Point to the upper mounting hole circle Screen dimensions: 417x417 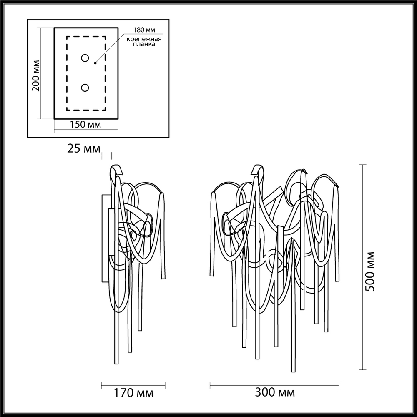85,58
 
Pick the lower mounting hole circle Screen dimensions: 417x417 85,88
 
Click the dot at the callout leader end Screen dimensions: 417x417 95,63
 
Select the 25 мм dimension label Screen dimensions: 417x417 83,148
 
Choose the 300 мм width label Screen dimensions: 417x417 274,392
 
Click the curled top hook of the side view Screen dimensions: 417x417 117,171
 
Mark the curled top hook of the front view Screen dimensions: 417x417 259,170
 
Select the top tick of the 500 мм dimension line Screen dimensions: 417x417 363,165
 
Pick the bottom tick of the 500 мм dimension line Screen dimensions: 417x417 363,370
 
